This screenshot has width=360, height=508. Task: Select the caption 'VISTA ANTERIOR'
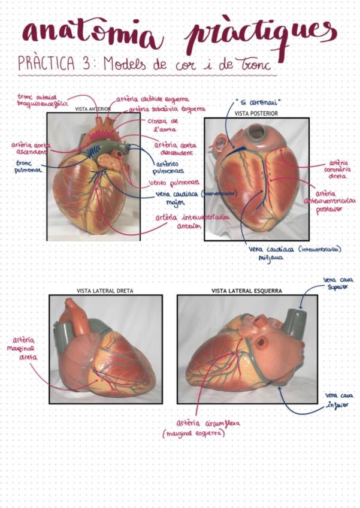coord(93,110)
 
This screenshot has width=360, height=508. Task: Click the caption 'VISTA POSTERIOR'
coord(256,113)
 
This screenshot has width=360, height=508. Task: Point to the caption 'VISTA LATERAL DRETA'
coord(105,291)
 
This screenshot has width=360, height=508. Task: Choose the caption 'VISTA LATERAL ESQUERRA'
coord(246,291)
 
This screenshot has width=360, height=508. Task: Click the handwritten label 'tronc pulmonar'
coord(26,166)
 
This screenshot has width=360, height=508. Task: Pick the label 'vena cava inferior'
coord(338,400)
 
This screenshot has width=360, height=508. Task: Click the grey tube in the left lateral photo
coord(294,323)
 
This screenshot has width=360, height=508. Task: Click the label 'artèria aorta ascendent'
coord(32,148)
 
